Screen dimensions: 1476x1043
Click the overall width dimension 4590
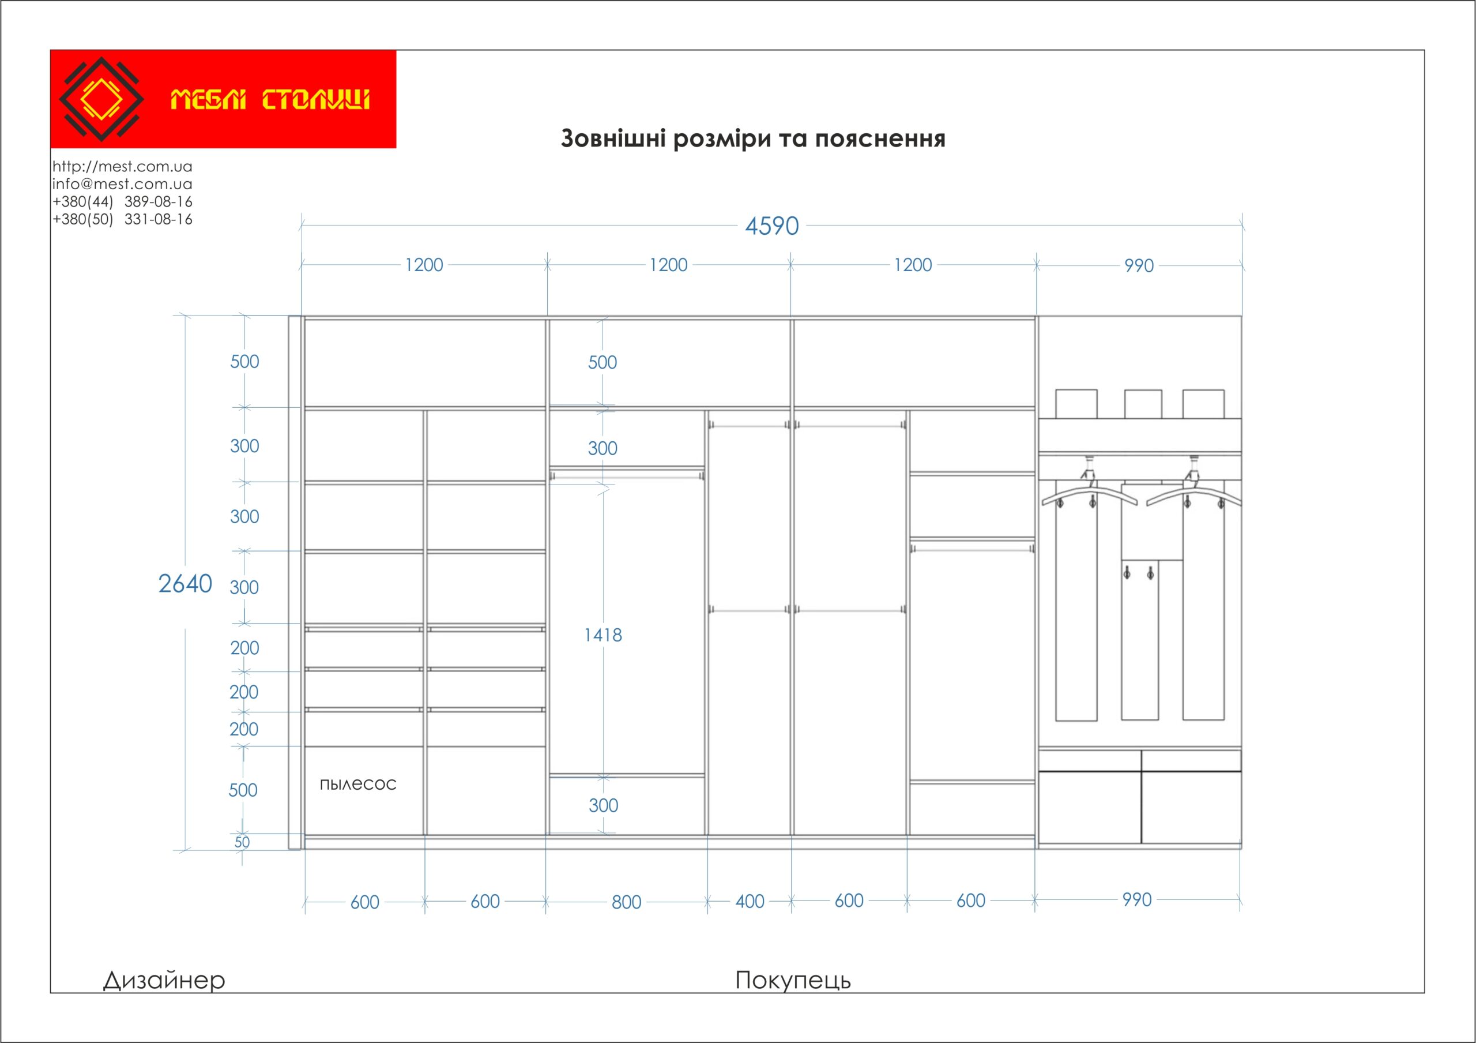pyautogui.click(x=771, y=226)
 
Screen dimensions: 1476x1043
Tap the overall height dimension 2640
pyautogui.click(x=185, y=584)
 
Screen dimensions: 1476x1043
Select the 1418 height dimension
pyautogui.click(x=603, y=635)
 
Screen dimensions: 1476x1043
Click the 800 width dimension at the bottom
pyautogui.click(x=626, y=902)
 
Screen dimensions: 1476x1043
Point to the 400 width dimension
pyautogui.click(x=750, y=902)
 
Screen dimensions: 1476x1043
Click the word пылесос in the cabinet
pyautogui.click(x=358, y=784)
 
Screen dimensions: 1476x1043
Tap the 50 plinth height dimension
pyautogui.click(x=242, y=842)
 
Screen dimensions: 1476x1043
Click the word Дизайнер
pyautogui.click(x=164, y=980)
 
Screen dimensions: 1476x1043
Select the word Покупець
pyautogui.click(x=793, y=981)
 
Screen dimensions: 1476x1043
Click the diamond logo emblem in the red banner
pyautogui.click(x=101, y=99)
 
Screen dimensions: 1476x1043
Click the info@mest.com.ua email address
pyautogui.click(x=122, y=184)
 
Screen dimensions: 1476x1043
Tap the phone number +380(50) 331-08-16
pyautogui.click(x=122, y=219)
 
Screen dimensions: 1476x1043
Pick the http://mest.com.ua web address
pyautogui.click(x=122, y=167)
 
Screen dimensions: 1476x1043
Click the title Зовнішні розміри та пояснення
pyautogui.click(x=753, y=139)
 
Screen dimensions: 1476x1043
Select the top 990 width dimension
pyautogui.click(x=1139, y=265)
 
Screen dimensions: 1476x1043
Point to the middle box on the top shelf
pyautogui.click(x=1143, y=404)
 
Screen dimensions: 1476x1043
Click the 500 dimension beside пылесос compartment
pyautogui.click(x=243, y=790)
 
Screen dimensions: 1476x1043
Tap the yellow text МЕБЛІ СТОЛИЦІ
pyautogui.click(x=270, y=100)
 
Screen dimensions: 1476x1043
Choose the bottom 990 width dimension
pyautogui.click(x=1136, y=899)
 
